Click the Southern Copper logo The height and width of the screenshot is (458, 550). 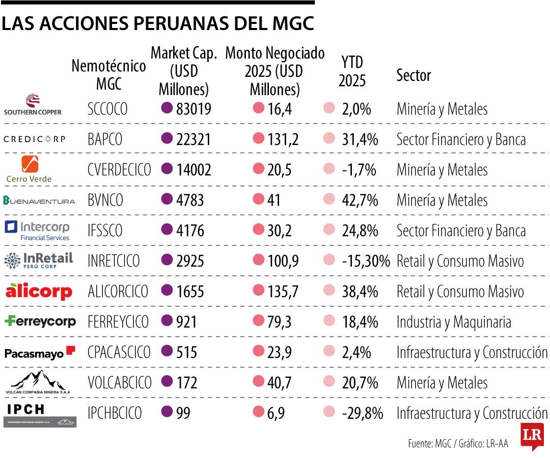(33, 105)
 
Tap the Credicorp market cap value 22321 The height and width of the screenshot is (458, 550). (194, 139)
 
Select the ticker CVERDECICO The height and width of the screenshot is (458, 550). (119, 170)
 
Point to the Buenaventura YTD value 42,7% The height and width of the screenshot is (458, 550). (360, 201)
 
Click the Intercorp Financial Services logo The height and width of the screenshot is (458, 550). (37, 231)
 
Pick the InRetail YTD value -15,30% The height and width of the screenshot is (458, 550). (366, 262)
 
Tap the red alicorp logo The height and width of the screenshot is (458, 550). (39, 291)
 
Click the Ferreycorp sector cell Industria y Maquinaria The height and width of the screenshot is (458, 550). (454, 322)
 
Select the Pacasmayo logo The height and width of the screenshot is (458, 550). (40, 352)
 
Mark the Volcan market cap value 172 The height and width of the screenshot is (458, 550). (187, 383)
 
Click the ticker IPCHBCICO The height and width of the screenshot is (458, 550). (115, 413)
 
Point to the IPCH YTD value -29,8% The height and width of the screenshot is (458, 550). (363, 413)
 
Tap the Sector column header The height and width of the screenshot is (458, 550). (414, 76)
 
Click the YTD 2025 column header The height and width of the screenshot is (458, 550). (352, 71)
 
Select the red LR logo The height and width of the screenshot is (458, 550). (532, 435)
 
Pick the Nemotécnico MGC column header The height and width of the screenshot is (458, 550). (108, 74)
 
